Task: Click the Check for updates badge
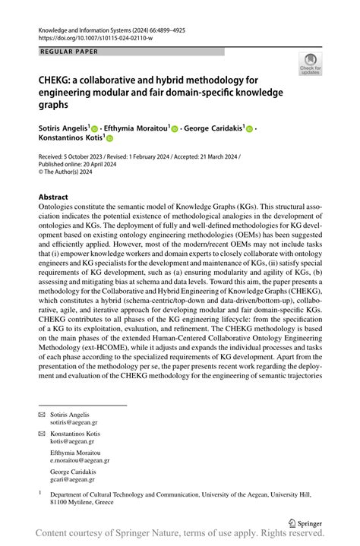point(310,64)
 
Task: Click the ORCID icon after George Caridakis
point(250,129)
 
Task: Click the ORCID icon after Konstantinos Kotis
point(109,140)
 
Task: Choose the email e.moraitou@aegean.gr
point(81,459)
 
